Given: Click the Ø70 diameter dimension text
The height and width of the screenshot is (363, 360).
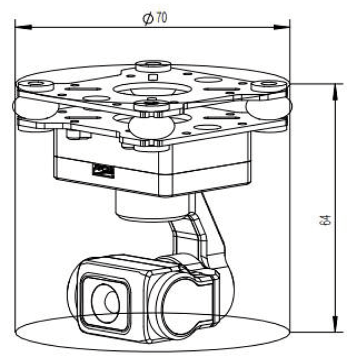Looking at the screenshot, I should [x=155, y=18].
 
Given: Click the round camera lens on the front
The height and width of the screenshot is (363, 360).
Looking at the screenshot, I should [x=105, y=302].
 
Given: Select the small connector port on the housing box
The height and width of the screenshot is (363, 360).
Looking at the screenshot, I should [x=104, y=171].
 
